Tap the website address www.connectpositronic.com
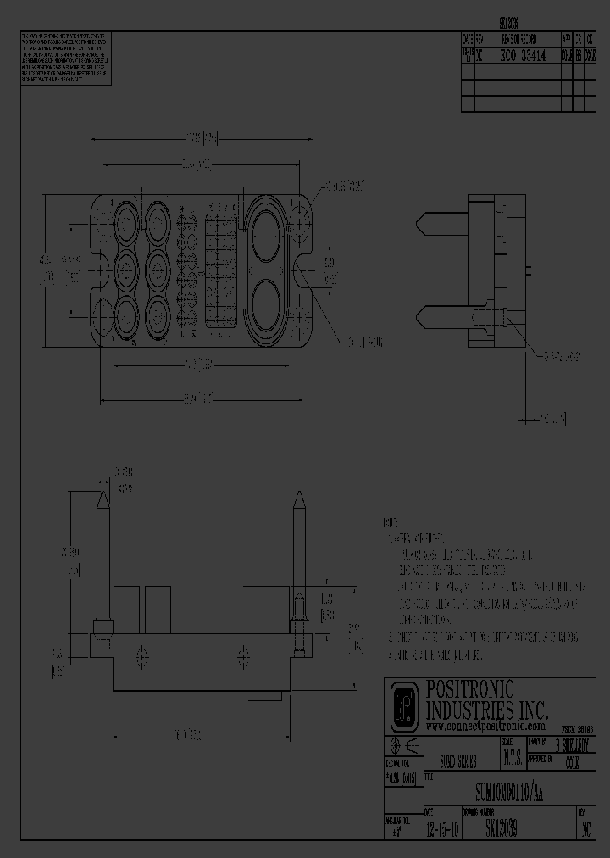click(485, 727)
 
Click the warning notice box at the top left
click(65, 59)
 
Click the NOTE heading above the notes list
click(390, 523)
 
